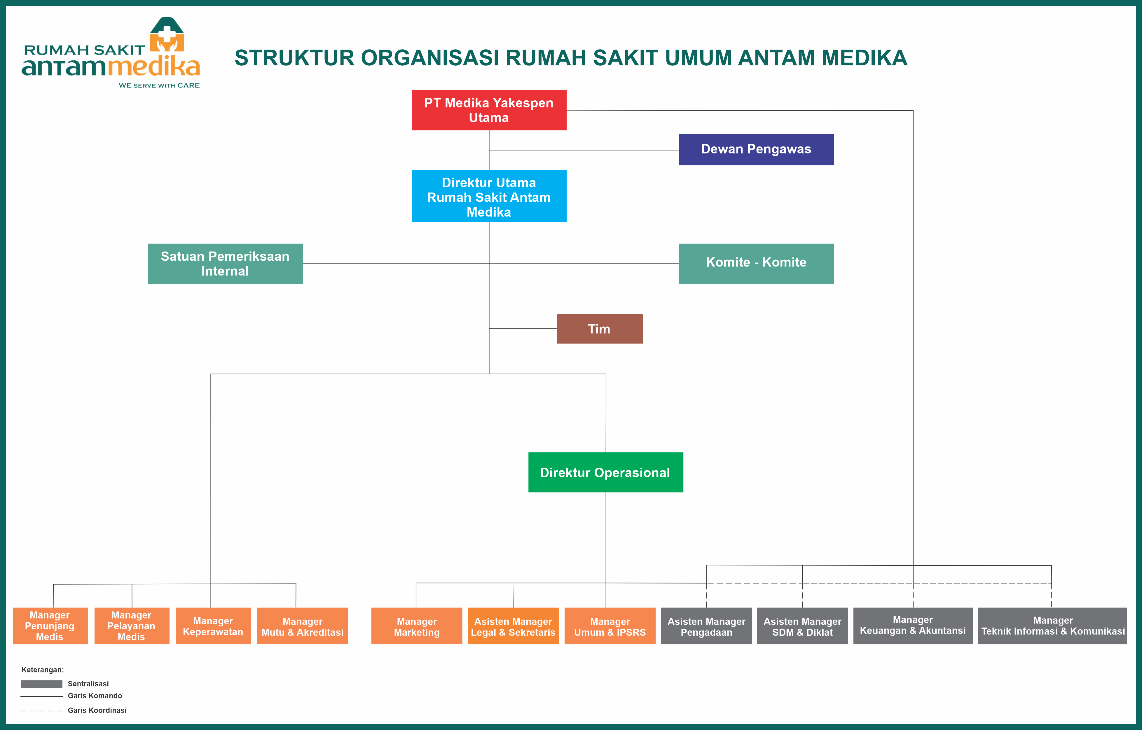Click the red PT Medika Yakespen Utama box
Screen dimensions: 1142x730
489,110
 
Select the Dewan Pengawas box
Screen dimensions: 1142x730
757,149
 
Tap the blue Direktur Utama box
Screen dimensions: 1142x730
489,196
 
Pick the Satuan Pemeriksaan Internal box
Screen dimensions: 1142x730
225,264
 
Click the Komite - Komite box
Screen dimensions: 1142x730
757,264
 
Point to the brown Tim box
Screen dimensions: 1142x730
600,329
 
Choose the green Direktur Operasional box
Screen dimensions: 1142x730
606,473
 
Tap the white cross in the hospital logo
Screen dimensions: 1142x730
167,34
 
